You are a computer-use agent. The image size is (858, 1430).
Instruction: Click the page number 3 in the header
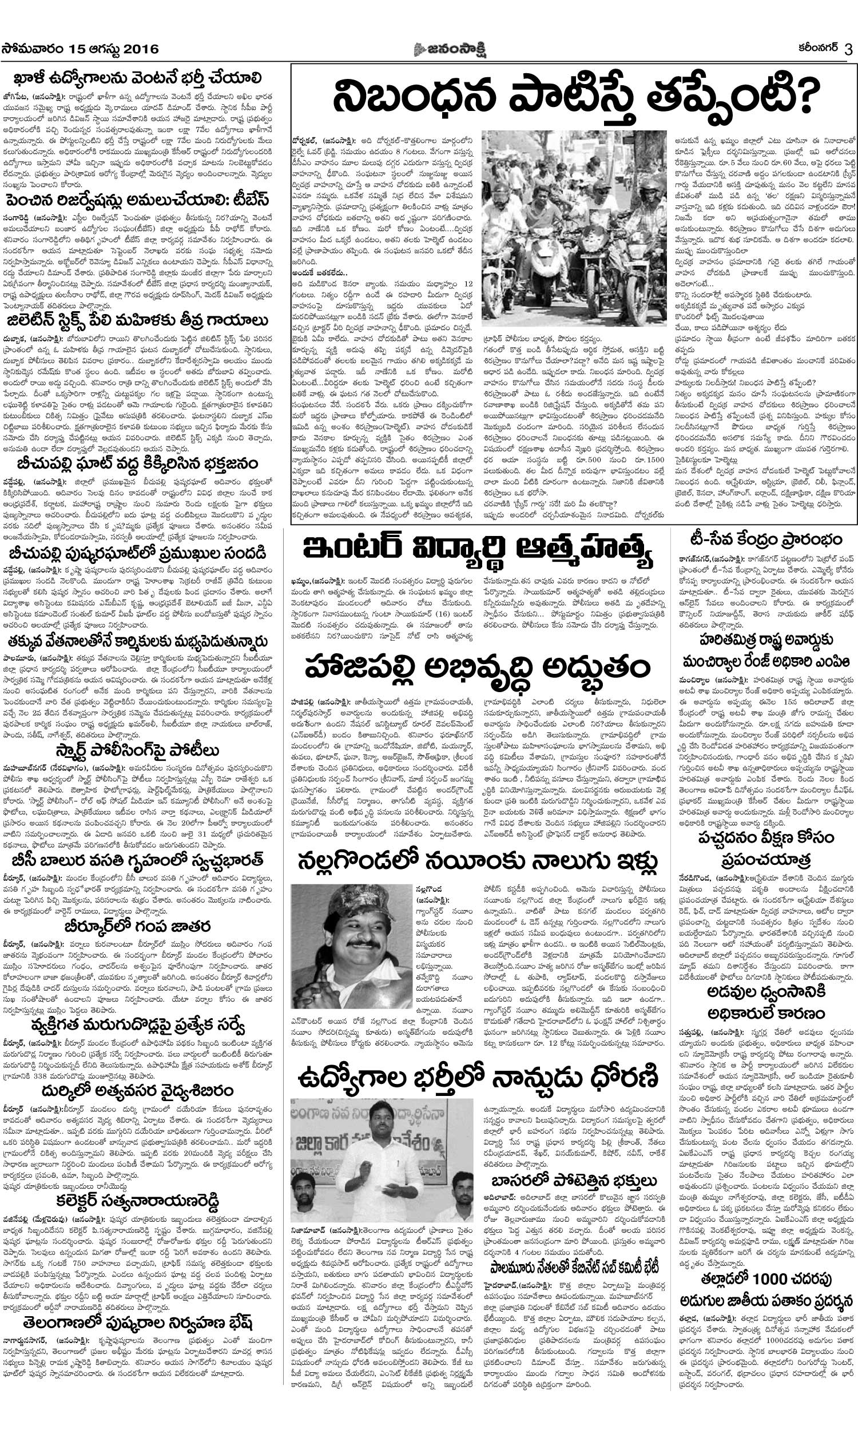tap(848, 50)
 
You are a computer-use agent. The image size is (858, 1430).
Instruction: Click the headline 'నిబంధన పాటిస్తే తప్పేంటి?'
tap(576, 97)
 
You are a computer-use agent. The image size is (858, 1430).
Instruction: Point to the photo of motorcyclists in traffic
tap(574, 226)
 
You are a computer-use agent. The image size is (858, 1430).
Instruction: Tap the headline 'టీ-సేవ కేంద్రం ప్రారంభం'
tap(768, 540)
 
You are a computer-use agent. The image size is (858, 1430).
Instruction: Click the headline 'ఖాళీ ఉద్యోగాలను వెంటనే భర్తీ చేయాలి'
tap(138, 78)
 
